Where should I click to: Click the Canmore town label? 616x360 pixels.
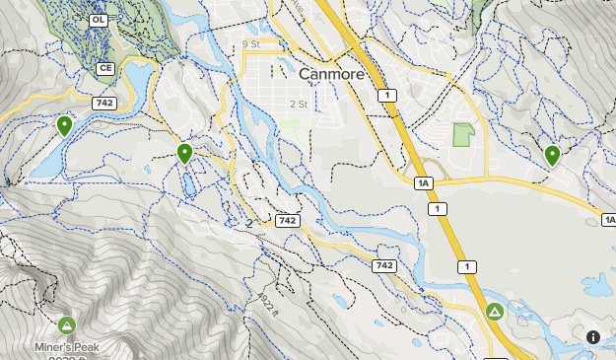click(331, 74)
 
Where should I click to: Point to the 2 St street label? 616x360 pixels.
click(299, 104)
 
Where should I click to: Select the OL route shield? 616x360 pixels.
click(98, 20)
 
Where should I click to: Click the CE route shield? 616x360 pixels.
click(105, 68)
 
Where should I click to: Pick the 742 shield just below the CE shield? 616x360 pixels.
click(104, 103)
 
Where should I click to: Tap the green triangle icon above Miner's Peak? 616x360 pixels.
click(67, 324)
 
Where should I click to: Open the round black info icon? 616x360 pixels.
click(593, 337)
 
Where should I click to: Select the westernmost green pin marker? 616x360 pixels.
click(64, 125)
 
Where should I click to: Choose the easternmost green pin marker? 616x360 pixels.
click(552, 155)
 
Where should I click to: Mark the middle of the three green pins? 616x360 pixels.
click(184, 153)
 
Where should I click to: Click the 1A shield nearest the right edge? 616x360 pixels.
click(608, 220)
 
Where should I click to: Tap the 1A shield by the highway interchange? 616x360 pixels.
click(424, 183)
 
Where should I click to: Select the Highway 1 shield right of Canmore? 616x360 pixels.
click(385, 95)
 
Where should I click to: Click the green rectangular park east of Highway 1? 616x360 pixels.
click(462, 134)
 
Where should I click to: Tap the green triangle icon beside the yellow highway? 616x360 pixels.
click(495, 312)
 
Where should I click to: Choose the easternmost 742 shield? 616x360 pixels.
click(384, 266)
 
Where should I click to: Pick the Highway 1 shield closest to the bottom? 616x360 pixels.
click(465, 266)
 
